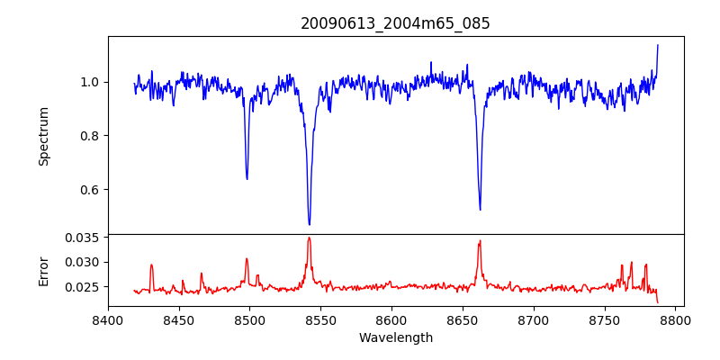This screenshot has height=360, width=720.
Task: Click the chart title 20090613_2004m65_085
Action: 395,23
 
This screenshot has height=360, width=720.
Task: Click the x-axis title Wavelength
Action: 395,337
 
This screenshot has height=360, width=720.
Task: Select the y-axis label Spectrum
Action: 43,136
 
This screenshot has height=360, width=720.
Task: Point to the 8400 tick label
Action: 108,319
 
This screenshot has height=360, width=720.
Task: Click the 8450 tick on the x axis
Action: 179,319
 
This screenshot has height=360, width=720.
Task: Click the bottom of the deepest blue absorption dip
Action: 310,224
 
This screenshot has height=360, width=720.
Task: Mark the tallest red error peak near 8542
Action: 309,238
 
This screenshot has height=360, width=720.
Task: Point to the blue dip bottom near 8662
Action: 480,210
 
